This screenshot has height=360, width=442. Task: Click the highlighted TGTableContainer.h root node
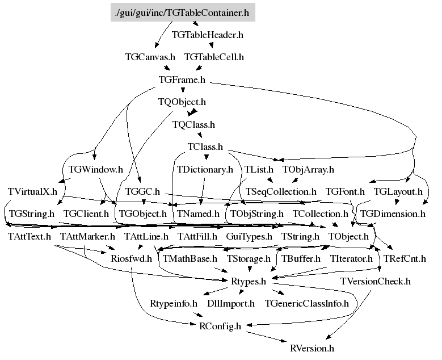183,12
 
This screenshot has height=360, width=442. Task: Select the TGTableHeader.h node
207,35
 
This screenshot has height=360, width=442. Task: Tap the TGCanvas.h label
150,57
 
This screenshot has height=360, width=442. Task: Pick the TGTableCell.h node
214,57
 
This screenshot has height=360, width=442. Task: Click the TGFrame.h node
182,79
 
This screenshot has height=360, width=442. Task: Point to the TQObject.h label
182,102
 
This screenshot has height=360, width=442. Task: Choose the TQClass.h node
193,124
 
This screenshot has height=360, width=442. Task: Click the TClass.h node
205,146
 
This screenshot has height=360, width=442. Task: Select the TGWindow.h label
95,169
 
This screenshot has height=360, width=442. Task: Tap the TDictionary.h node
205,169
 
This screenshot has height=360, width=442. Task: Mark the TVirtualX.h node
32,191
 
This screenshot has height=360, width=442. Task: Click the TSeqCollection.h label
281,191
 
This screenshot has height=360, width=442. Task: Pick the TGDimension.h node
393,214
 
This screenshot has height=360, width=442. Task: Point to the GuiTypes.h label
249,236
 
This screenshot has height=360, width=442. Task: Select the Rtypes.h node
249,281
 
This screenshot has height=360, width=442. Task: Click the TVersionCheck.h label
376,281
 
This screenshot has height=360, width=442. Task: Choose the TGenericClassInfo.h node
307,303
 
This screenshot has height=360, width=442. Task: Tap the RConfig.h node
220,326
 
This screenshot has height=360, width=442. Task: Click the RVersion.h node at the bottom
312,348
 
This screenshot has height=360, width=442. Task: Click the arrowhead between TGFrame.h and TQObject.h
183,90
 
